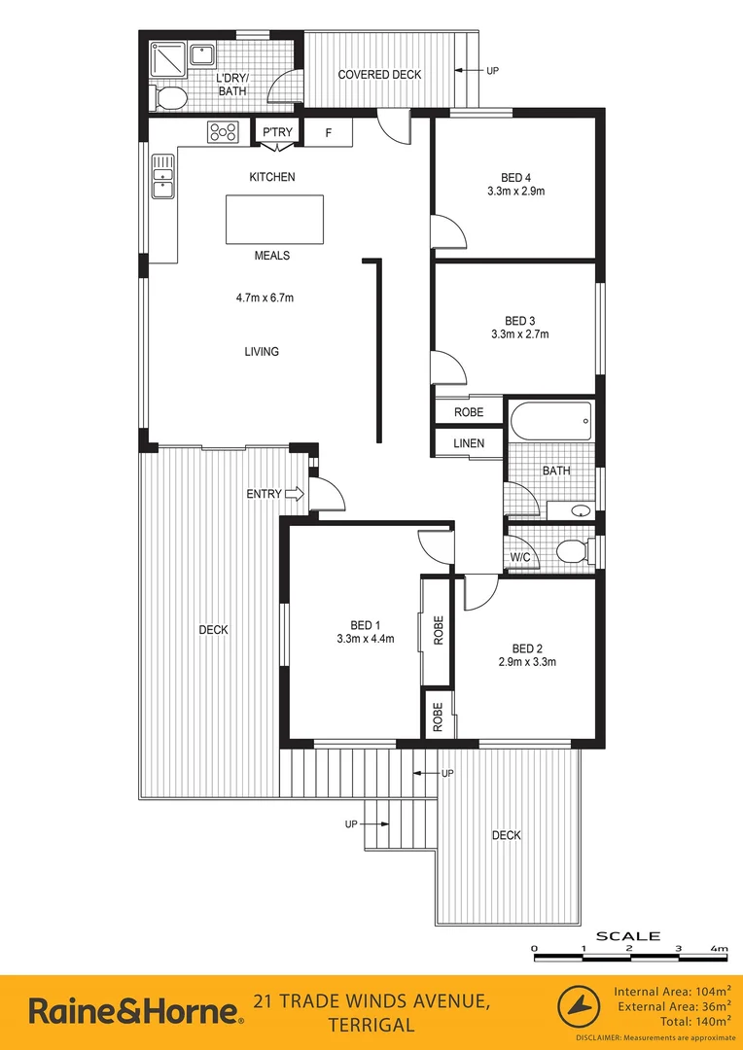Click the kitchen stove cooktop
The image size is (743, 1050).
click(x=223, y=131)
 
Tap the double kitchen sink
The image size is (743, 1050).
click(x=161, y=181)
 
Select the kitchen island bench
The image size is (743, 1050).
click(x=275, y=219)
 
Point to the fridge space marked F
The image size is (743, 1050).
click(x=329, y=131)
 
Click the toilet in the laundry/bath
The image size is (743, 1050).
click(x=168, y=97)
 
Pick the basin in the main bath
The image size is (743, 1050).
click(x=580, y=509)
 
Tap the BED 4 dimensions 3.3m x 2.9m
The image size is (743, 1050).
click(x=515, y=192)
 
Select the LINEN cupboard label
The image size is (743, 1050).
click(x=469, y=443)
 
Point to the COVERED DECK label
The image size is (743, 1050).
click(x=378, y=75)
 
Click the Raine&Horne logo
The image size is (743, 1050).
click(x=134, y=1011)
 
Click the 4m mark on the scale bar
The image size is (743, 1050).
click(x=720, y=948)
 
